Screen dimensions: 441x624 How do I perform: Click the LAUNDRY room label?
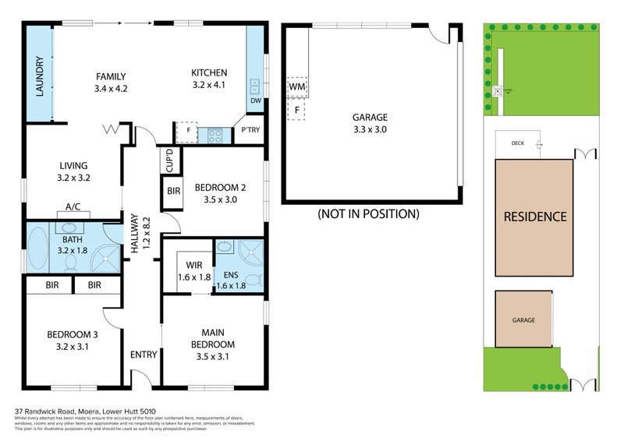point(38,77)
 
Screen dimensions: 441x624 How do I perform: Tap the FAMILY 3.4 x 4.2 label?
point(111,82)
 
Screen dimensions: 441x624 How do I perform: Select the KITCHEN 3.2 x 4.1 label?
point(208,79)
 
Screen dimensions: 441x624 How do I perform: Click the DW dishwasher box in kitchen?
point(255,101)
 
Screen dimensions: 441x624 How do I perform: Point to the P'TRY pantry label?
point(250,130)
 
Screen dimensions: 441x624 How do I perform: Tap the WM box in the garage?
point(296,87)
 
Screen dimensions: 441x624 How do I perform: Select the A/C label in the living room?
point(74,207)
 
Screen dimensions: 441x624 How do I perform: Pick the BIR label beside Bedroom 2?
point(172,191)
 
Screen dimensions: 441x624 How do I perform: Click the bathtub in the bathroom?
point(37,247)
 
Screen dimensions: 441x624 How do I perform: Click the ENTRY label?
point(144,355)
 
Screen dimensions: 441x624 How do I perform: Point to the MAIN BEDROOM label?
point(213,339)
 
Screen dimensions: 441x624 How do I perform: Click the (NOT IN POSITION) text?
point(368,213)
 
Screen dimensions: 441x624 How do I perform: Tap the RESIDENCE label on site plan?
point(534,217)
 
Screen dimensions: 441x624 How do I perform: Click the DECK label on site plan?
point(517,143)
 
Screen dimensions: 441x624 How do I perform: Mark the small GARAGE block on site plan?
point(523,319)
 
